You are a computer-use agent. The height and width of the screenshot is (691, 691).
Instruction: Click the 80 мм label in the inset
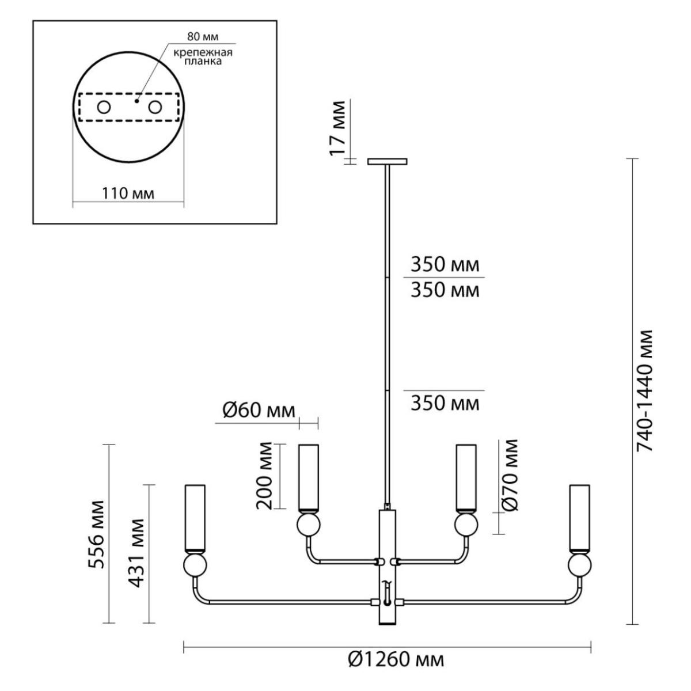tap(203, 37)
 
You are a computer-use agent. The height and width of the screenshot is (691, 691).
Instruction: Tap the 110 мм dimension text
tap(128, 193)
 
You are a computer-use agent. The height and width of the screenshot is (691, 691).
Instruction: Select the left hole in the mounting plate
tap(104, 107)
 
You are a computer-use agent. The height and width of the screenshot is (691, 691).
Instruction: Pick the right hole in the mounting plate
tap(155, 107)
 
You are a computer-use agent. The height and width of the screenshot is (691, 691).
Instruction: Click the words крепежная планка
tap(203, 56)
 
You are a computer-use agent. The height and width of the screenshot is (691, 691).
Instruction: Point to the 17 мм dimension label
tap(337, 128)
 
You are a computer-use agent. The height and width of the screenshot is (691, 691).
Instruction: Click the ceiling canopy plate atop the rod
tap(388, 161)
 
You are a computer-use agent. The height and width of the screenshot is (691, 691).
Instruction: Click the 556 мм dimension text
tap(97, 534)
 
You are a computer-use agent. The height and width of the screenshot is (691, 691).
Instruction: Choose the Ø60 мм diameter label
tap(259, 411)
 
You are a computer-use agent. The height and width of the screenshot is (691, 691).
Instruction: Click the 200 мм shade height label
tap(264, 474)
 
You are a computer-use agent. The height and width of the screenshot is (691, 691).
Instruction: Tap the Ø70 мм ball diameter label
tap(510, 474)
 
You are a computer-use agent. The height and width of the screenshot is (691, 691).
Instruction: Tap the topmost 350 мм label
tap(445, 265)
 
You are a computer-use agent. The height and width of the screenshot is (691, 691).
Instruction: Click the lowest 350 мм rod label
tap(445, 404)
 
